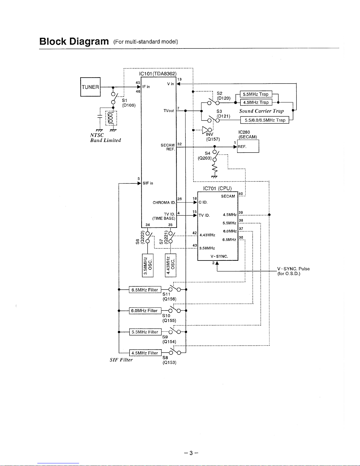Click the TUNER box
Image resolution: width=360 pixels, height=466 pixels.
pos(90,87)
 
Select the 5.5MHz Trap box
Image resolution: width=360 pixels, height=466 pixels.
pos(256,94)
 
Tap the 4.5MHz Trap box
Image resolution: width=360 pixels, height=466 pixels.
pos(256,102)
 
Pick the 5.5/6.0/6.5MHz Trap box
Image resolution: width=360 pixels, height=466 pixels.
pos(265,120)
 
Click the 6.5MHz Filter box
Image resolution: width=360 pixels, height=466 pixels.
pos(145,290)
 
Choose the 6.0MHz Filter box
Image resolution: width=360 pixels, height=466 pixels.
pos(145,310)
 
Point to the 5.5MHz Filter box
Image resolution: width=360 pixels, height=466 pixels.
pos(145,332)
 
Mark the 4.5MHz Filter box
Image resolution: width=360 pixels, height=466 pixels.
pos(145,353)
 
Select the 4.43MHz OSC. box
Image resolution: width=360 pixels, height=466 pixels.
pos(170,265)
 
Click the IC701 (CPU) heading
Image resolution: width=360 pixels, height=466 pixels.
pos(217,188)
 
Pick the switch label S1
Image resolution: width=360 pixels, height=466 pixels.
pos(125,100)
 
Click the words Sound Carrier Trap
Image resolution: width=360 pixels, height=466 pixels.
pos(261,111)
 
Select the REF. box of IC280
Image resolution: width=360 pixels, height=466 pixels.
pos(248,146)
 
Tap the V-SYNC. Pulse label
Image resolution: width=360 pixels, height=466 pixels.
pos(293,269)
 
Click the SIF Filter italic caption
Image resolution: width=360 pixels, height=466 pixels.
pos(121,360)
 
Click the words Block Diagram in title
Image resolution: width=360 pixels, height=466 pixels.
pos(74,41)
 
